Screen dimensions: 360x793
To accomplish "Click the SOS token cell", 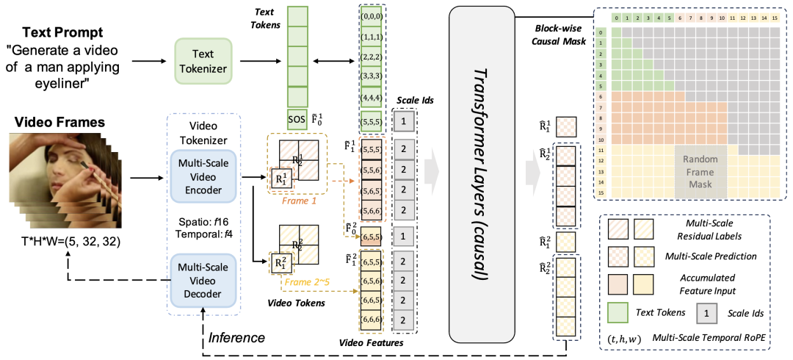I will coord(296,119).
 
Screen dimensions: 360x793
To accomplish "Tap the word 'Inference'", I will coord(236,338).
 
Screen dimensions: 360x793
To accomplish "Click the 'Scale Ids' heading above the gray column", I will coord(416,102).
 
